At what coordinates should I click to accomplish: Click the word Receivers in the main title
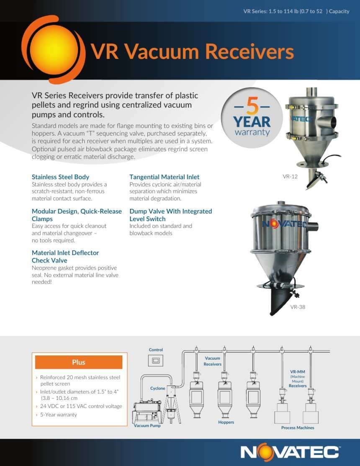(x=249, y=51)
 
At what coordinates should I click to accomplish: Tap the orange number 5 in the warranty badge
(x=252, y=106)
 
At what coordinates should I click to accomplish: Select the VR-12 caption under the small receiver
(x=290, y=177)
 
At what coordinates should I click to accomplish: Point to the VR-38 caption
(x=298, y=307)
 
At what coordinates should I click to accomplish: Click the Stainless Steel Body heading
(x=60, y=177)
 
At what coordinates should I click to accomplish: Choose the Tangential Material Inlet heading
(x=164, y=177)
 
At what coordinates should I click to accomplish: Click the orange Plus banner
(x=79, y=362)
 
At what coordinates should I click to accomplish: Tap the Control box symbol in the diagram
(x=156, y=360)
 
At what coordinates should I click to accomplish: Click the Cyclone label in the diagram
(x=157, y=389)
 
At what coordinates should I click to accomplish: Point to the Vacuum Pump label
(x=147, y=425)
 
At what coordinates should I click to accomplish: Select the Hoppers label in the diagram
(x=226, y=422)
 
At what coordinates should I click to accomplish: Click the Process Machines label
(x=298, y=427)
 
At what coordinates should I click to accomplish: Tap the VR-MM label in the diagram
(x=298, y=372)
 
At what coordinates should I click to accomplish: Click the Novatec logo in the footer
(x=290, y=452)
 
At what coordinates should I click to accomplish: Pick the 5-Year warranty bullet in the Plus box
(x=59, y=415)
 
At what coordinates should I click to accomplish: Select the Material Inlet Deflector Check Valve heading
(x=65, y=257)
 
